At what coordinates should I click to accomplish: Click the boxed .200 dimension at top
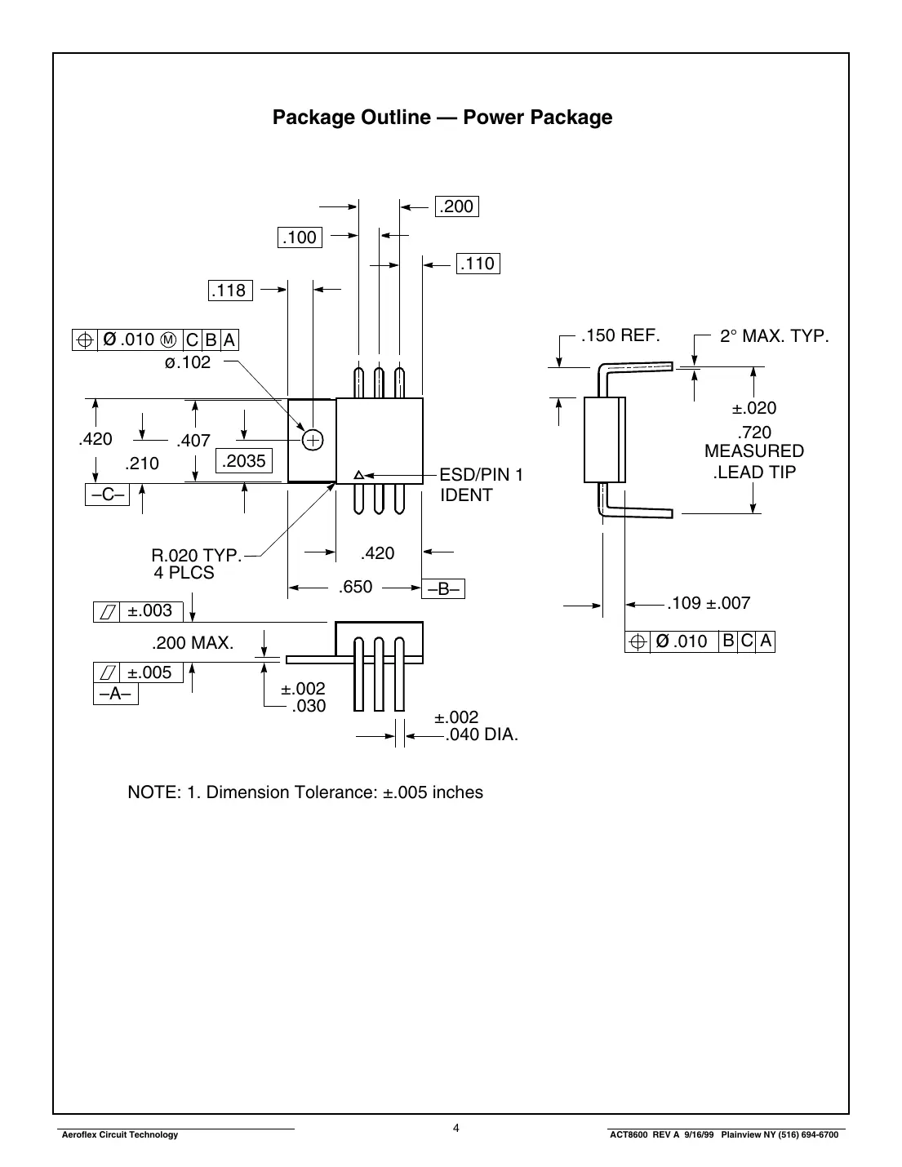point(456,206)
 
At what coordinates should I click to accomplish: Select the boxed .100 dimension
point(300,237)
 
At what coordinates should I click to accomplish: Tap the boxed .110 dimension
point(478,264)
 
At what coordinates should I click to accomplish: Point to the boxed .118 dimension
point(229,291)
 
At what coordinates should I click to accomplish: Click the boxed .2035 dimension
point(244,461)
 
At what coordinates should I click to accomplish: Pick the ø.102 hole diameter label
point(187,362)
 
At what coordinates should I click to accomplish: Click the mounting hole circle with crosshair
point(313,440)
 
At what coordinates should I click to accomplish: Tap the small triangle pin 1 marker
point(358,475)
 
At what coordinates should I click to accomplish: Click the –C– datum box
point(107,495)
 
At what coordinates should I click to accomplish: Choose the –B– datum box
point(443,589)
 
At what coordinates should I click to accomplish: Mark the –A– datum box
point(115,694)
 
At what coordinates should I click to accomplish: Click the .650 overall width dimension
point(355,587)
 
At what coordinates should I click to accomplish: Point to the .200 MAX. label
point(193,643)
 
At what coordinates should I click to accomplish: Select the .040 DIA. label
point(482,734)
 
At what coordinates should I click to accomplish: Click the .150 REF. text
point(620,335)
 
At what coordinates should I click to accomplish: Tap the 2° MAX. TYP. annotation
point(774,335)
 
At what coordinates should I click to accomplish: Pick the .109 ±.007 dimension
point(708,603)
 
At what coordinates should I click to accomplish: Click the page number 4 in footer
point(456,1129)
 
